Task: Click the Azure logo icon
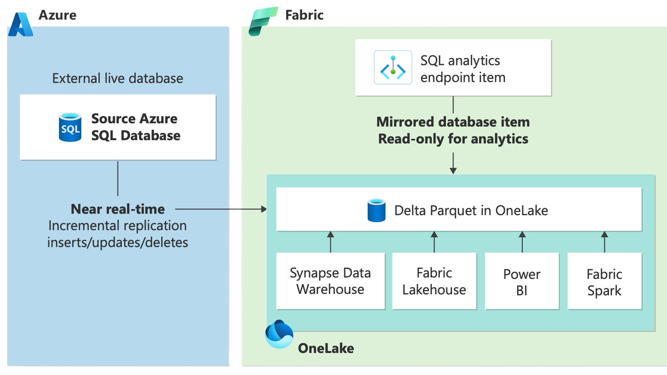pos(21,24)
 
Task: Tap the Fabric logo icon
pos(263,21)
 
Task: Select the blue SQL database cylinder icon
pos(70,127)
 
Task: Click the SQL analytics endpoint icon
pos(393,67)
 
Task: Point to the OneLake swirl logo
pos(279,334)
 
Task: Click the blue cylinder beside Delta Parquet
pos(377,210)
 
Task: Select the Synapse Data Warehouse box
pos(330,281)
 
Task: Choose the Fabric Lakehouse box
pos(434,281)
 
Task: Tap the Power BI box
pos(522,281)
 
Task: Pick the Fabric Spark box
pos(604,281)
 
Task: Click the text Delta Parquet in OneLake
pos(471,211)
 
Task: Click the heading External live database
pos(117,78)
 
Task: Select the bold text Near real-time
pos(118,209)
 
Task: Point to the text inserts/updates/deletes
pos(118,242)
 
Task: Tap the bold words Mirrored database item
pos(453,122)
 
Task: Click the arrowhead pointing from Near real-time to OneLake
pos(264,209)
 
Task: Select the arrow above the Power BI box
pos(522,242)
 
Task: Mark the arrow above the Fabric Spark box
pos(604,242)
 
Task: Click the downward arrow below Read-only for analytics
pos(453,163)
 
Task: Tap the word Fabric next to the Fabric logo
pos(304,15)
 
